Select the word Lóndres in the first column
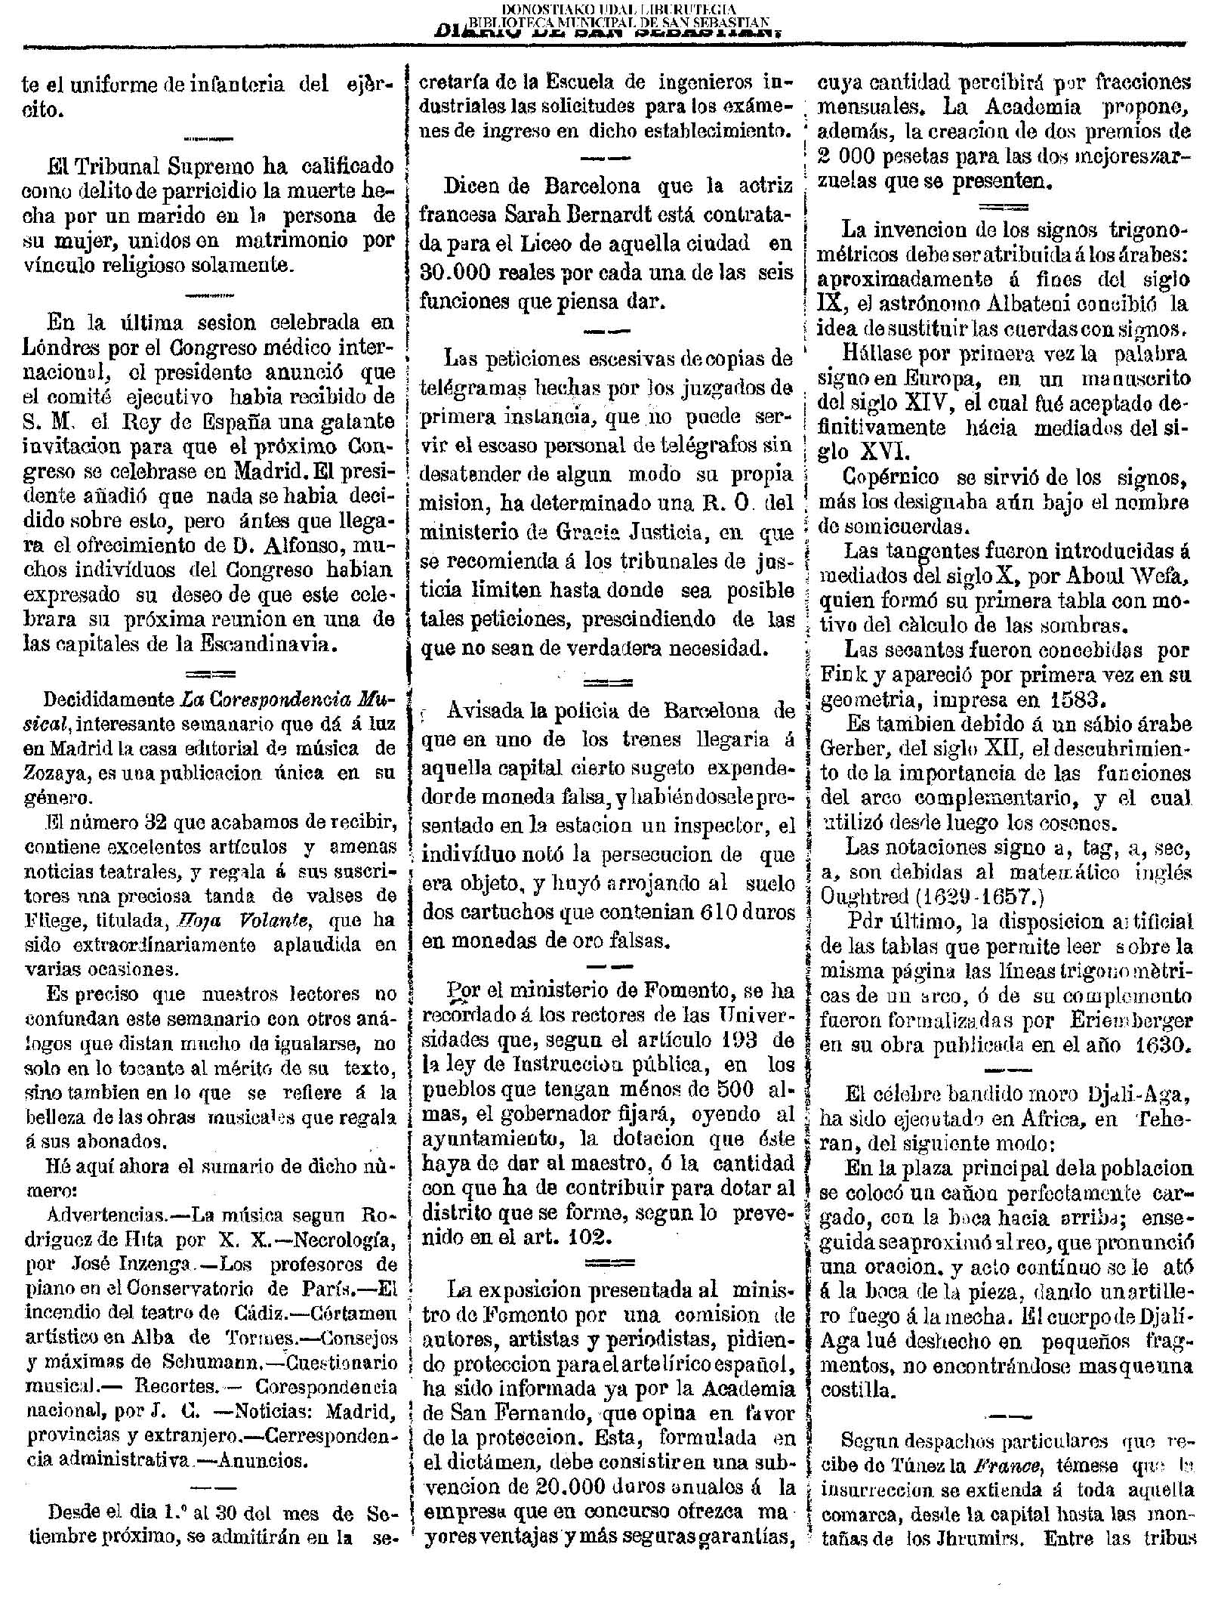pos(69,348)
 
